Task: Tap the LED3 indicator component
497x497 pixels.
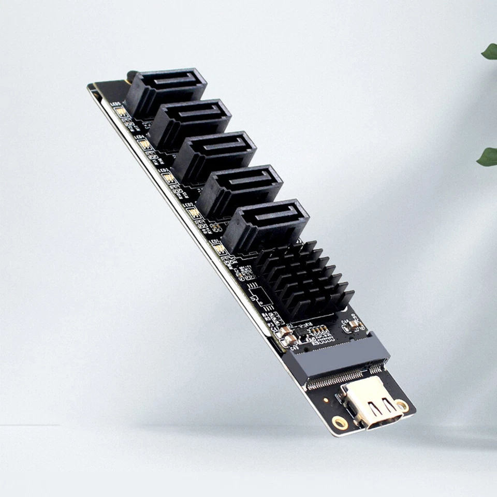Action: (168, 178)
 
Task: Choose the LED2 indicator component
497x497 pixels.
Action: (193, 212)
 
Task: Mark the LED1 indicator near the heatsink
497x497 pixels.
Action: (220, 248)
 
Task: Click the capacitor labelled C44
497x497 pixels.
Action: (354, 325)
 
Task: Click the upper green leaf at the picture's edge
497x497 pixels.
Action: (490, 51)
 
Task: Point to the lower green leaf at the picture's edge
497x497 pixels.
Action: (488, 156)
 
